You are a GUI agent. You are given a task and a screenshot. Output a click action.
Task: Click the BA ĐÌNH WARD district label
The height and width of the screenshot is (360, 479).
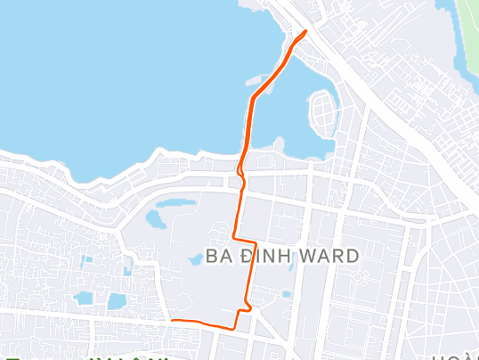(282, 257)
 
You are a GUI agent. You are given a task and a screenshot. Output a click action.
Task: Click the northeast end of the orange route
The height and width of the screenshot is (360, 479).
(305, 32)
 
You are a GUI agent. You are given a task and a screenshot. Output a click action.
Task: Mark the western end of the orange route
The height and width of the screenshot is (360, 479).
(171, 319)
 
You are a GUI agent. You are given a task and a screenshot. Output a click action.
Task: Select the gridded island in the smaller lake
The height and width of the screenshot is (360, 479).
(322, 111)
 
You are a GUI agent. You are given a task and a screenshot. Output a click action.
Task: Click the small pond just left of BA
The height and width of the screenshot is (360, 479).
(195, 259)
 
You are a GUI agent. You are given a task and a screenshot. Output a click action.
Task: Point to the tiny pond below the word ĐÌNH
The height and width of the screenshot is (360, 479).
(287, 293)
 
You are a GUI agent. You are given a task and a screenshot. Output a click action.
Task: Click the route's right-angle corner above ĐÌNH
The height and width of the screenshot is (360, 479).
(256, 241)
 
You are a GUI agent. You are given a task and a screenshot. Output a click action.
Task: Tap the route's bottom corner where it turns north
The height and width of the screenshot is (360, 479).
(236, 327)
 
